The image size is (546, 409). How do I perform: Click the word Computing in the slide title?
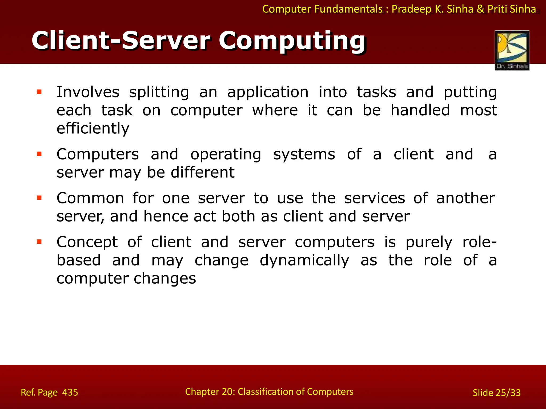coord(292,41)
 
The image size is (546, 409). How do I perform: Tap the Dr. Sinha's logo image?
coord(512,50)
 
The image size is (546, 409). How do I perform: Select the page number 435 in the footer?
coord(70,392)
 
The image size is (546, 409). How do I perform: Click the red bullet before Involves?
coord(39,92)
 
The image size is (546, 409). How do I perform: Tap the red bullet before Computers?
coord(39,154)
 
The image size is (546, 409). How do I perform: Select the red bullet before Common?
coord(39,198)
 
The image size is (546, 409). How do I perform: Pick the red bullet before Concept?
coord(39,242)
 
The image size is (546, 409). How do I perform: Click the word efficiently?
coord(93,129)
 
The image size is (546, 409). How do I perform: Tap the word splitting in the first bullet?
coord(159,92)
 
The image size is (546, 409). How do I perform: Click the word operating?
coord(226,155)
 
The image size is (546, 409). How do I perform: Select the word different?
coord(203,172)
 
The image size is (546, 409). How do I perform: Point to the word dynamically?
coord(304,260)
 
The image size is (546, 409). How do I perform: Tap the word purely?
coord(429,243)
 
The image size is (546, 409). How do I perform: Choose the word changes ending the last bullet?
coord(165,279)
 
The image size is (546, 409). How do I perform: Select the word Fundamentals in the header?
coord(348,9)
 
